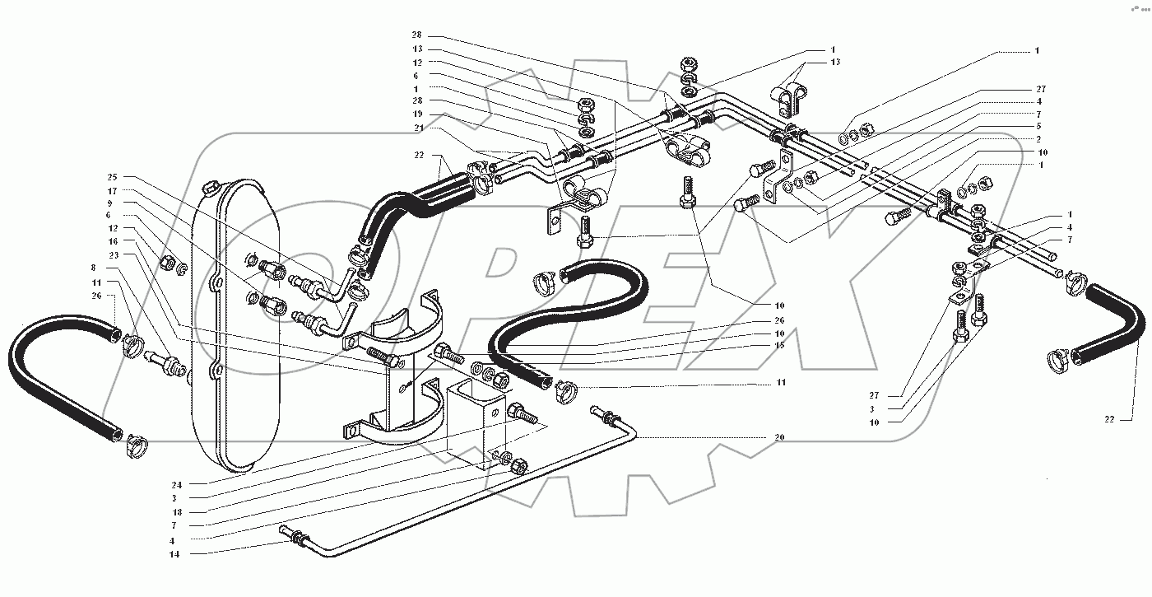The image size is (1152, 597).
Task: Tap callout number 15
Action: click(x=779, y=346)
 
